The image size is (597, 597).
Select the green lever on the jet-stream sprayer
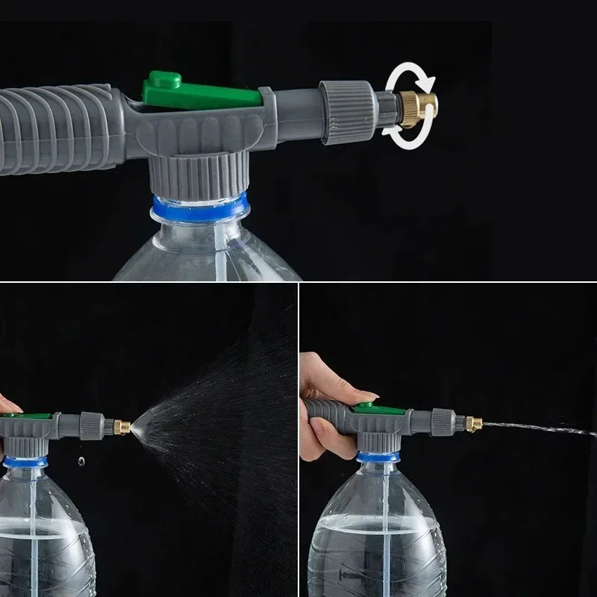[x=365, y=407]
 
